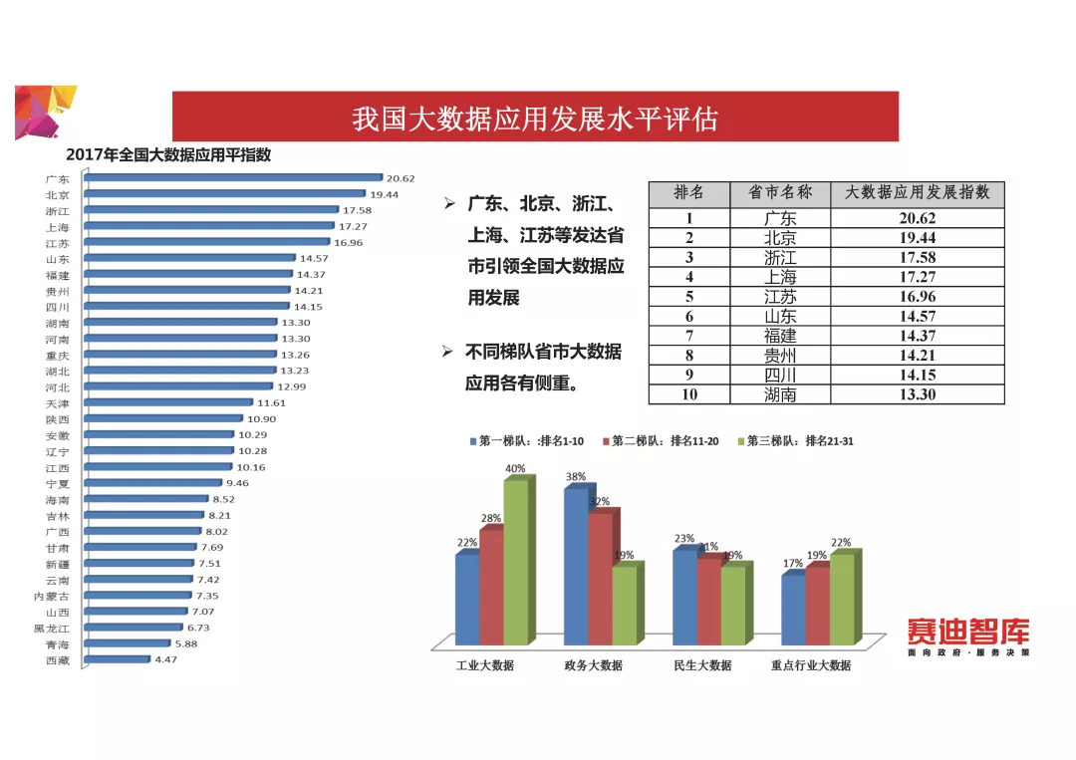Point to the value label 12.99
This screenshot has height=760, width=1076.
[292, 386]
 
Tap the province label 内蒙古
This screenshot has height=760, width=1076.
[51, 596]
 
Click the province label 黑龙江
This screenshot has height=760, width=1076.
[51, 628]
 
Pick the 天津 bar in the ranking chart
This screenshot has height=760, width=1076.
[169, 402]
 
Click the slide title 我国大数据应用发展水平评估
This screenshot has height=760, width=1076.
[535, 119]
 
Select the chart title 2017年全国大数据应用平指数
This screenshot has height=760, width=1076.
[168, 155]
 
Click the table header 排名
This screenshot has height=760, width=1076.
[688, 193]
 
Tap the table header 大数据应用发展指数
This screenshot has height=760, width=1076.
[917, 193]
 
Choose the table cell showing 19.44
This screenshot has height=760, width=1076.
[917, 238]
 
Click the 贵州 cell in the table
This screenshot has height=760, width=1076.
[780, 355]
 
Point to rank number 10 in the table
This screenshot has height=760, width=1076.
[688, 394]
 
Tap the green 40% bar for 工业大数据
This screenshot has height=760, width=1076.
[516, 562]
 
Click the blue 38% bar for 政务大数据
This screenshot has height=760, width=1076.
[576, 566]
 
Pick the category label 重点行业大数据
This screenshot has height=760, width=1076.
[811, 665]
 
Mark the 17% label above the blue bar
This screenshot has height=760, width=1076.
[793, 564]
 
